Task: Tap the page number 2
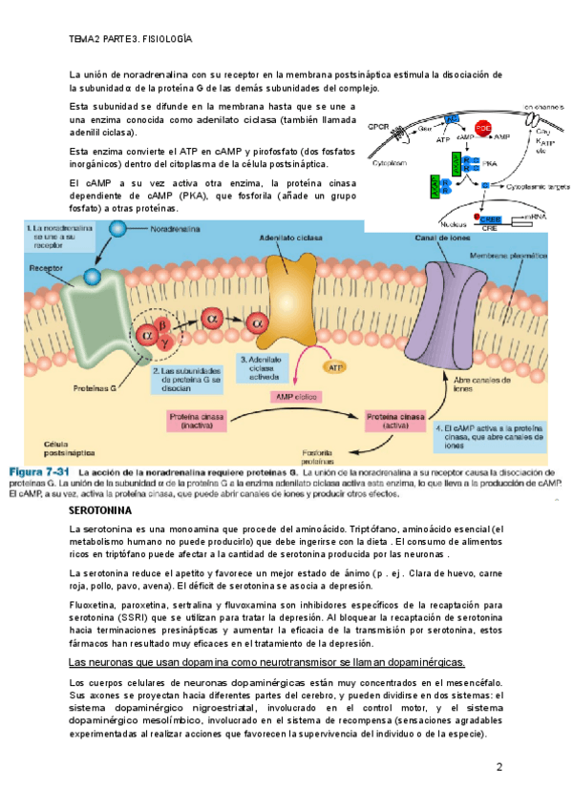[499, 768]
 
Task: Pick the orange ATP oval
[335, 366]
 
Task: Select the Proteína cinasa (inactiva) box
[196, 422]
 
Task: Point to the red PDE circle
[483, 128]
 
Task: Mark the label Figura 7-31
[41, 472]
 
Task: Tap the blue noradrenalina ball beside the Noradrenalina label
[117, 229]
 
